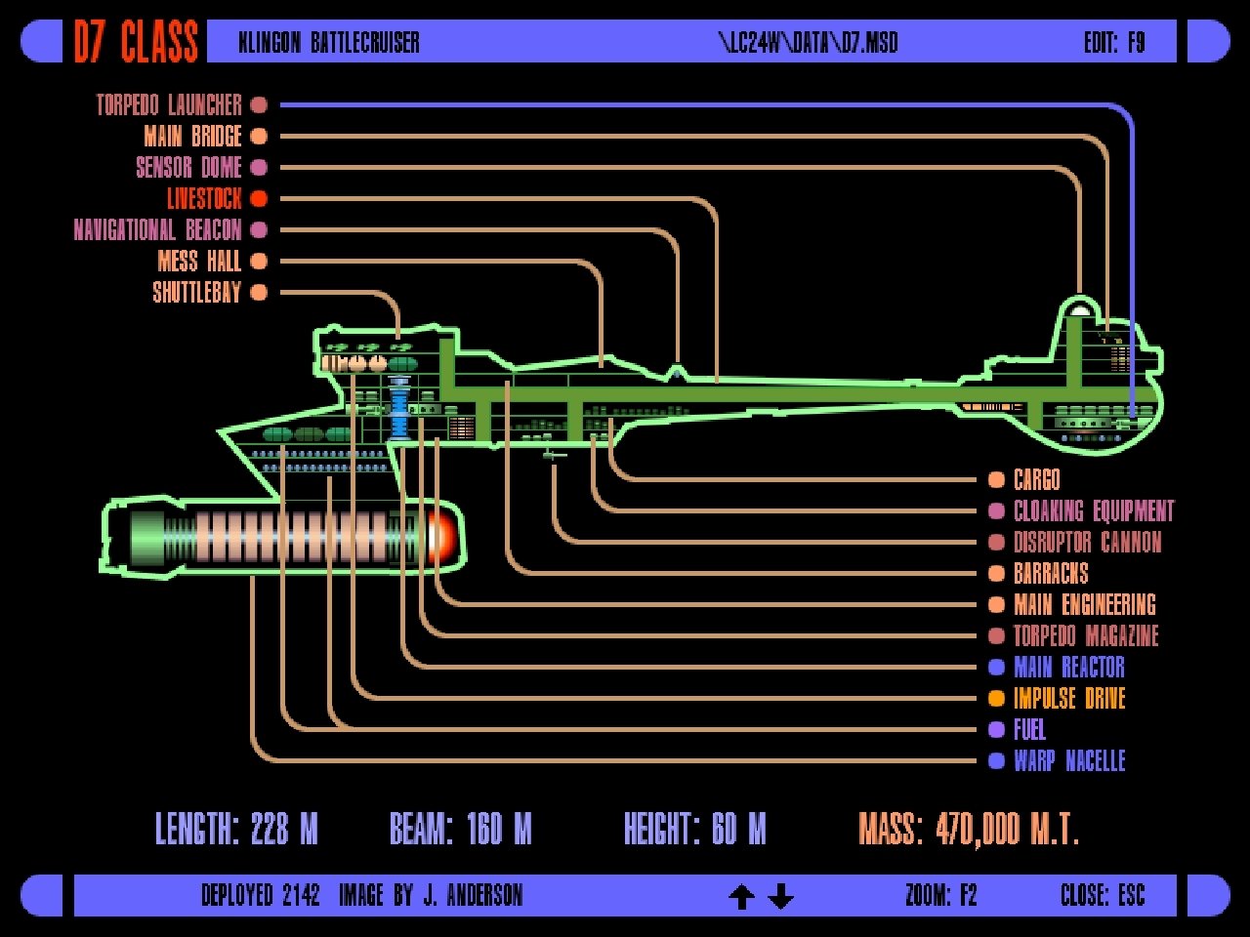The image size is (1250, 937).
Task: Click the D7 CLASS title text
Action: (x=136, y=42)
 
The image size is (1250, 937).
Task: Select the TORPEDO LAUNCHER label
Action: (x=169, y=104)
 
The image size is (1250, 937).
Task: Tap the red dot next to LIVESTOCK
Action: (x=259, y=198)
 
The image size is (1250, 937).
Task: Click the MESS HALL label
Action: (x=199, y=261)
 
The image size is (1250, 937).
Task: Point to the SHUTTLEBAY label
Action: (x=196, y=292)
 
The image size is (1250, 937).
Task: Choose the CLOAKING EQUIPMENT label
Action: (x=1094, y=510)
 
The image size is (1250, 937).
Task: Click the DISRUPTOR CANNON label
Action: (x=1087, y=542)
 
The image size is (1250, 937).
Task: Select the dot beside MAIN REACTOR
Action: (x=996, y=667)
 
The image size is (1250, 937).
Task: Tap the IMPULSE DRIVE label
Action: (x=1069, y=698)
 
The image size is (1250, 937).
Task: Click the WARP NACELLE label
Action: (x=1069, y=760)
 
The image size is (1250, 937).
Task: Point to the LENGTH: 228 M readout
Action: (x=237, y=830)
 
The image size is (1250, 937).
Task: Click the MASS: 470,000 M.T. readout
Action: (x=968, y=830)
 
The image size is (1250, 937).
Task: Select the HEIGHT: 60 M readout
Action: (x=694, y=830)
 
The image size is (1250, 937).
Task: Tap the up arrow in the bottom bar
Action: (x=742, y=896)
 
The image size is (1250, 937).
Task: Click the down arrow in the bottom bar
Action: (x=780, y=896)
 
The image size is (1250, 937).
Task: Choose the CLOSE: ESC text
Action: (x=1103, y=895)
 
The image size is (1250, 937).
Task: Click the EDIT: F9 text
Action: (x=1114, y=42)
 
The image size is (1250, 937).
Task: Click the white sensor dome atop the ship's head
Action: (x=1080, y=308)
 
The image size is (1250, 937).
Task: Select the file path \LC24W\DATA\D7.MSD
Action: (x=808, y=42)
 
